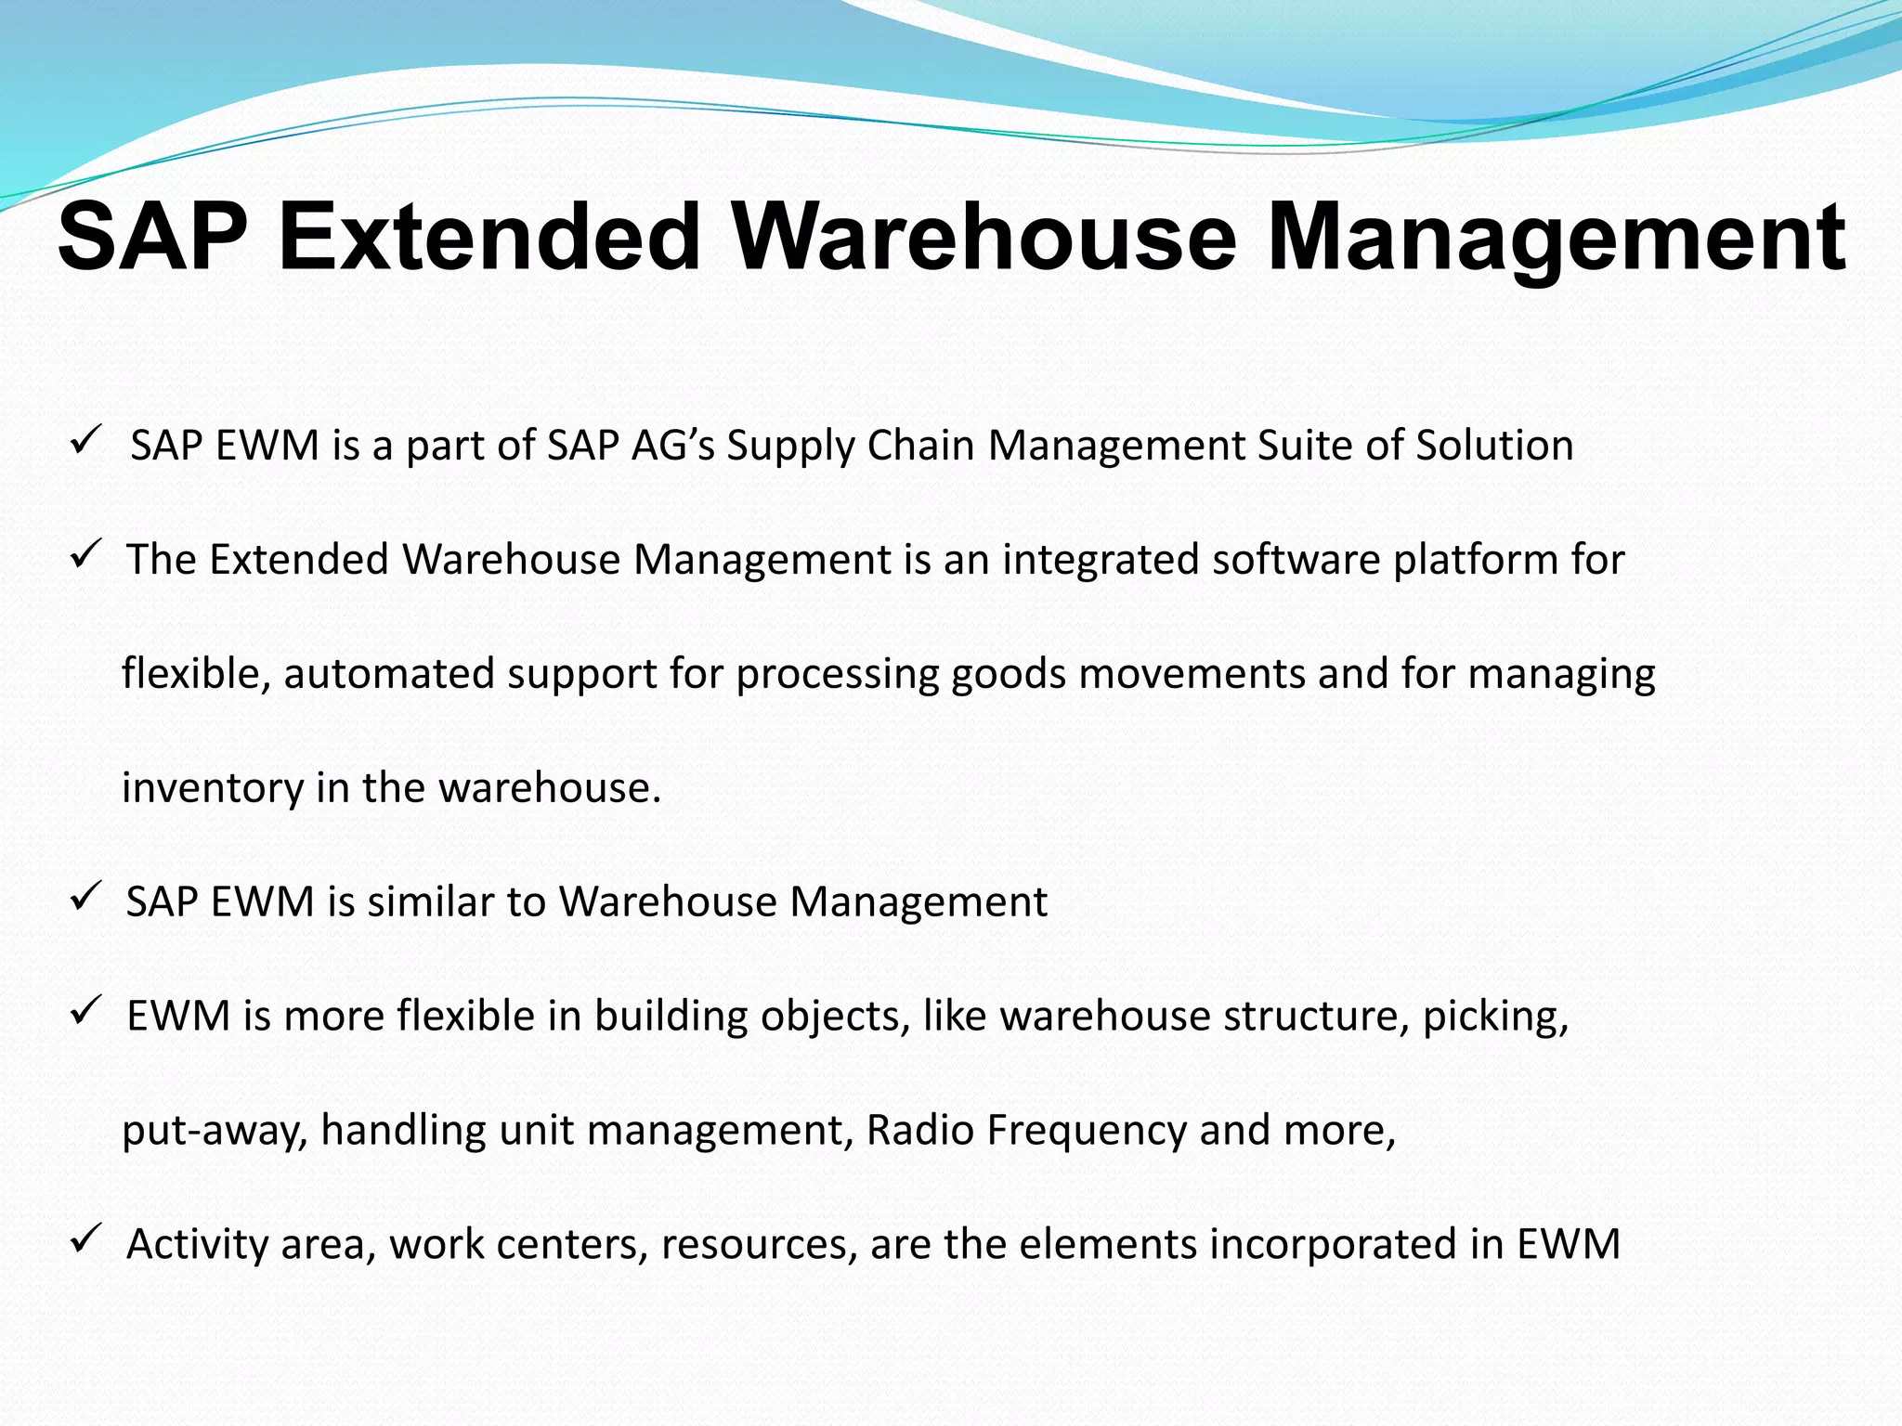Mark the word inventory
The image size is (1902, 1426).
pos(213,788)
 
